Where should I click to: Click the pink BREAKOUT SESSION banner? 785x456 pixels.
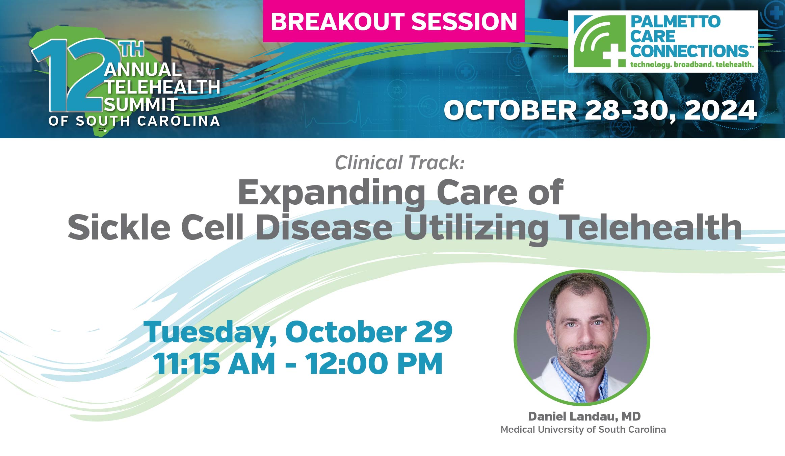pos(394,21)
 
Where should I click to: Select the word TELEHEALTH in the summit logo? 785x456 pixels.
pos(162,87)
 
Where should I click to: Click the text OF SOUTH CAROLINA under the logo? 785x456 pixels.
pos(134,121)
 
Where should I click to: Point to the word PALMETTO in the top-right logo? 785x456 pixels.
pos(675,22)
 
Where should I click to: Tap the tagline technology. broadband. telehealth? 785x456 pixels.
pos(692,64)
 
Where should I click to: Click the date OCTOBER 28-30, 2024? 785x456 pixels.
pos(600,110)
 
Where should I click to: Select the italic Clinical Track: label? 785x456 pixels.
pos(400,162)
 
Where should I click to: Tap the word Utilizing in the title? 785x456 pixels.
pos(476,228)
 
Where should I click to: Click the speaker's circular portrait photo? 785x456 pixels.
pos(582,337)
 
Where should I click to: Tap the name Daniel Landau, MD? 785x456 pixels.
pos(584,416)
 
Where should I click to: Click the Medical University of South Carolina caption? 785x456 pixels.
pos(583,429)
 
